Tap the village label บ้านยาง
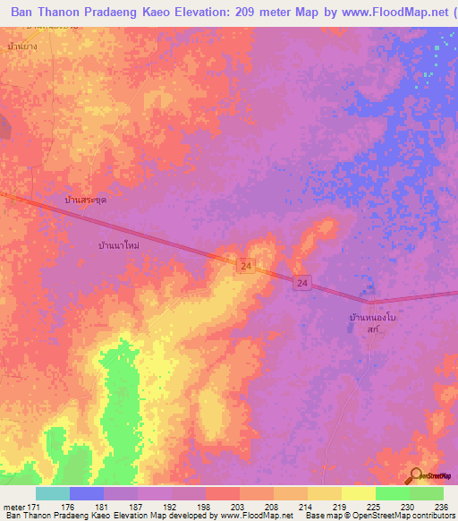[20, 45]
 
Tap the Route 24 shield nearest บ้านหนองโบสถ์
[303, 283]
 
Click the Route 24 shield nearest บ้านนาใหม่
[246, 266]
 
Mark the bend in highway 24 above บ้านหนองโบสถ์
[371, 302]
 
